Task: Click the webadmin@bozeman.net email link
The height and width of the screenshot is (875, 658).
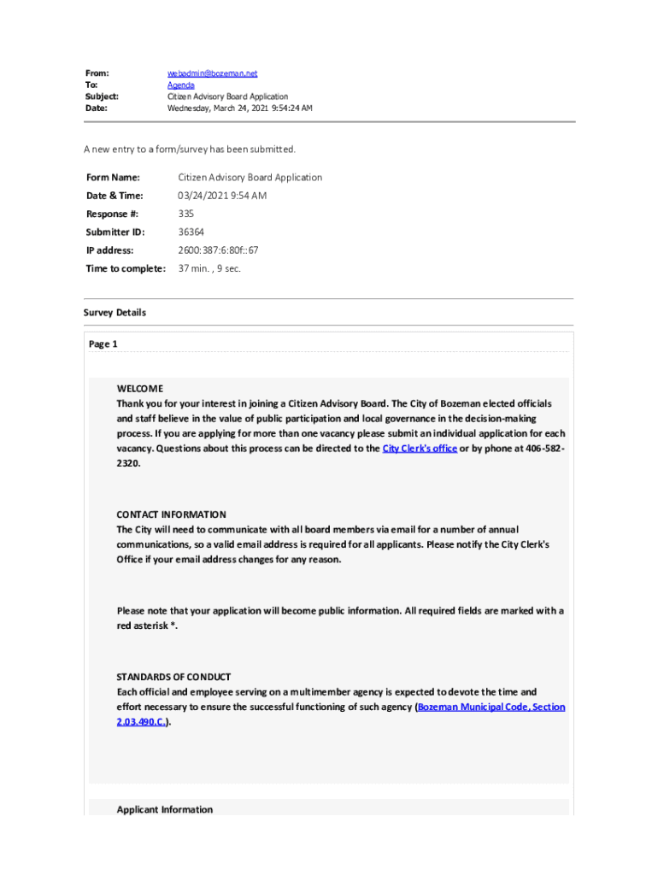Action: pos(213,74)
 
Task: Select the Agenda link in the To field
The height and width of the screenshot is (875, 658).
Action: pos(180,85)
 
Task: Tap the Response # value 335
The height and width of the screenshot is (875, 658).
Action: pos(186,214)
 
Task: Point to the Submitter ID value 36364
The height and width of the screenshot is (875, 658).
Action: pos(191,232)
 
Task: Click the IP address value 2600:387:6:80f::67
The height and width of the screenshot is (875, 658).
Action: pos(218,250)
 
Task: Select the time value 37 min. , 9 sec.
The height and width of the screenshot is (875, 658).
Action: pos(209,268)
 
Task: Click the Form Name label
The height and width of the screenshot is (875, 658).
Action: pos(112,178)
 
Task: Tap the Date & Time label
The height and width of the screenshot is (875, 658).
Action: pos(115,196)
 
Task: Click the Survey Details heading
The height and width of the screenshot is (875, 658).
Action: pos(115,313)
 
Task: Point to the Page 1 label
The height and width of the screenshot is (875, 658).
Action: pos(103,344)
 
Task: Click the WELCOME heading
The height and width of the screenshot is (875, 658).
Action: pos(139,388)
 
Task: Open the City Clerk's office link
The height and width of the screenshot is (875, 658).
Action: pos(419,449)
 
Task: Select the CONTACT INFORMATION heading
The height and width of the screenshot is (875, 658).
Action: pos(171,514)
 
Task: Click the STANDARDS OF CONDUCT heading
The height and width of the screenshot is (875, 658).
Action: pos(173,677)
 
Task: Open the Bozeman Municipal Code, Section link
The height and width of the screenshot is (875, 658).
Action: pos(491,708)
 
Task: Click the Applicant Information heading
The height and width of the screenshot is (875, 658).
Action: pos(165,809)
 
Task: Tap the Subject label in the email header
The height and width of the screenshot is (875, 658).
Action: pos(101,97)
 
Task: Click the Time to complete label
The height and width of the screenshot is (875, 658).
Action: pos(125,268)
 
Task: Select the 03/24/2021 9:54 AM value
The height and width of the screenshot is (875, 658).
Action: pos(222,196)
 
